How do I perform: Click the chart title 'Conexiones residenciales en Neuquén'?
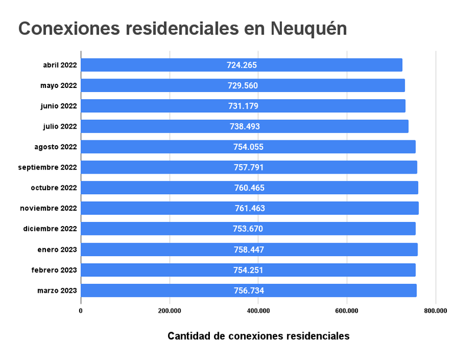(x=183, y=28)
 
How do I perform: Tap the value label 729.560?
(x=242, y=86)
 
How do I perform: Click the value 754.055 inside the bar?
(x=248, y=147)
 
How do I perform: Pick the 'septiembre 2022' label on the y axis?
(x=48, y=167)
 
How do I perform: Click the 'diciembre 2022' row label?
(x=50, y=228)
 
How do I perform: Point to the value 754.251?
(x=248, y=270)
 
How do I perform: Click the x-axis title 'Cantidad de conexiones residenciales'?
(x=258, y=336)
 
